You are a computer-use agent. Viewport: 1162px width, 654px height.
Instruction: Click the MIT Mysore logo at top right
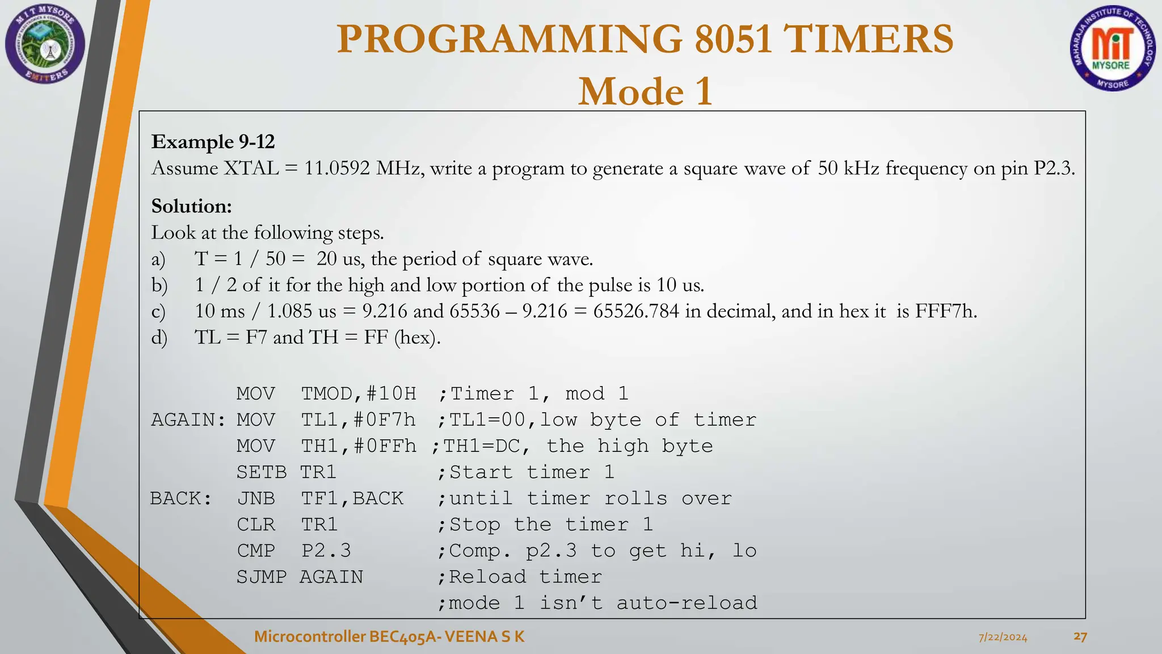coord(1112,49)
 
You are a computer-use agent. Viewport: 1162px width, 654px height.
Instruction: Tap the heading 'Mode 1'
coord(645,91)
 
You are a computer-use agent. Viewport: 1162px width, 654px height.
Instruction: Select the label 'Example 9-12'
coord(213,141)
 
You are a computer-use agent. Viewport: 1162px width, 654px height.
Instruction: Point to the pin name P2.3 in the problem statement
coord(1054,168)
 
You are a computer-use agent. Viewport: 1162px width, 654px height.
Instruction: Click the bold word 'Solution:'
coord(192,206)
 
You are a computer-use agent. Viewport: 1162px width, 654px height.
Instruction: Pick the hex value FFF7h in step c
coord(946,311)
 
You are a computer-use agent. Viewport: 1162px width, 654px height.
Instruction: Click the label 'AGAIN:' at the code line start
coord(188,420)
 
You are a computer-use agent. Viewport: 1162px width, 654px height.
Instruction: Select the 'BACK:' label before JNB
coord(181,498)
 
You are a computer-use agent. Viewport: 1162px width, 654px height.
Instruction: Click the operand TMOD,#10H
coord(359,393)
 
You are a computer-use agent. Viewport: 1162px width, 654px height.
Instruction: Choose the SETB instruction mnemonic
coord(262,472)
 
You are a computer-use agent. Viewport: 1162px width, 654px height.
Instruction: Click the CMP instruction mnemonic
coord(256,551)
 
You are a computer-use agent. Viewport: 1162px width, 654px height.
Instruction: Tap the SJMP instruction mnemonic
coord(262,577)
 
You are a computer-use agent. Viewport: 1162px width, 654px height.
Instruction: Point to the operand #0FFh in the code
coord(385,446)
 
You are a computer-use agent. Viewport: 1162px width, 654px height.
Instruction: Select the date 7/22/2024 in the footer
coord(1003,637)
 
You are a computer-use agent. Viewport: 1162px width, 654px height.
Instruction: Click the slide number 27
coord(1080,636)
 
